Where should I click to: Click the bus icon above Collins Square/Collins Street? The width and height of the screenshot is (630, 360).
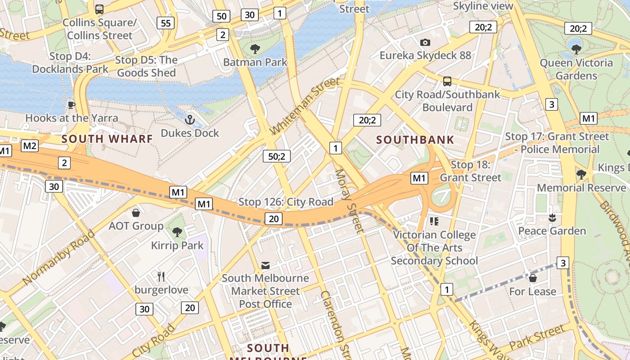(x=99, y=9)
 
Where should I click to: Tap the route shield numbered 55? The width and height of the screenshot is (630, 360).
(x=166, y=23)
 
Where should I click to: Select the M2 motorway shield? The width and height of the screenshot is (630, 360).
(x=30, y=146)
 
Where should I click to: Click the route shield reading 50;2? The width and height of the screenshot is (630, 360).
(x=277, y=156)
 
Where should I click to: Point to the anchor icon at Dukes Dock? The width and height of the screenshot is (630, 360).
(x=190, y=120)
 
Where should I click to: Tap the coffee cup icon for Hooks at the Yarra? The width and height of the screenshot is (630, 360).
(x=71, y=105)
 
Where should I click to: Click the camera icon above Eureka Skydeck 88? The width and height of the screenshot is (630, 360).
(x=425, y=42)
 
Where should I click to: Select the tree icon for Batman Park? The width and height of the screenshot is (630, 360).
(x=255, y=49)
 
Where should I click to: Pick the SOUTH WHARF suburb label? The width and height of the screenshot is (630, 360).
(x=107, y=139)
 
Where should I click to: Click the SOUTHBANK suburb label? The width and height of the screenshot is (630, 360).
(x=415, y=140)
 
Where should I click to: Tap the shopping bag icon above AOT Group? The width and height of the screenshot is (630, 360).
(x=136, y=213)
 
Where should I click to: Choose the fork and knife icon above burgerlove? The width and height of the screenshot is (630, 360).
(x=161, y=276)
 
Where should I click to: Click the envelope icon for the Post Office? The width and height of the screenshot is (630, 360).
(x=265, y=265)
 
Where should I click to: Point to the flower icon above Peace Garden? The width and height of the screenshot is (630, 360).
(x=552, y=218)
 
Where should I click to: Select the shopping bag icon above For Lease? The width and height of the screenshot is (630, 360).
(x=533, y=278)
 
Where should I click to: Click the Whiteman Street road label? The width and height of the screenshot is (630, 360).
(x=305, y=106)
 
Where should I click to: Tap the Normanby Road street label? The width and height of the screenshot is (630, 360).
(x=59, y=257)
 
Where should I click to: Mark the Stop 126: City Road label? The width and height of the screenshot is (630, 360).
(x=286, y=202)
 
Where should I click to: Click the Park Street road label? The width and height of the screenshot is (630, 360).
(x=536, y=337)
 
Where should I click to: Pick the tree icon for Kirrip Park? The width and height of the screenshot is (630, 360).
(x=177, y=232)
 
